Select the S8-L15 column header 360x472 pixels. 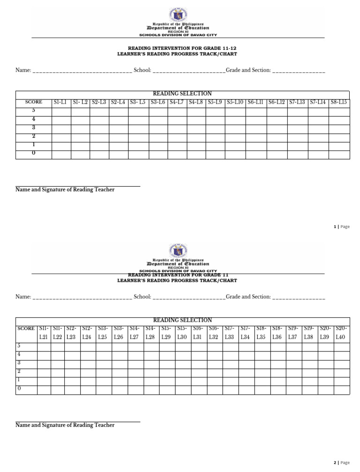tap(339, 102)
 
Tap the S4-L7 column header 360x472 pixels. tap(177, 102)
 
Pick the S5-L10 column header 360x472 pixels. tap(235, 102)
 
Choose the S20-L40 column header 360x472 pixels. tap(342, 333)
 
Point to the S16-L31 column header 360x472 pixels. tap(198, 333)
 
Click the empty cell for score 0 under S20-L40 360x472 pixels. tap(342, 390)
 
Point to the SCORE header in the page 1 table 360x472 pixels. tap(34, 102)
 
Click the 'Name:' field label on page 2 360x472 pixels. tap(23, 297)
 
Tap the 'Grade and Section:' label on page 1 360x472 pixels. tap(248, 70)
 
